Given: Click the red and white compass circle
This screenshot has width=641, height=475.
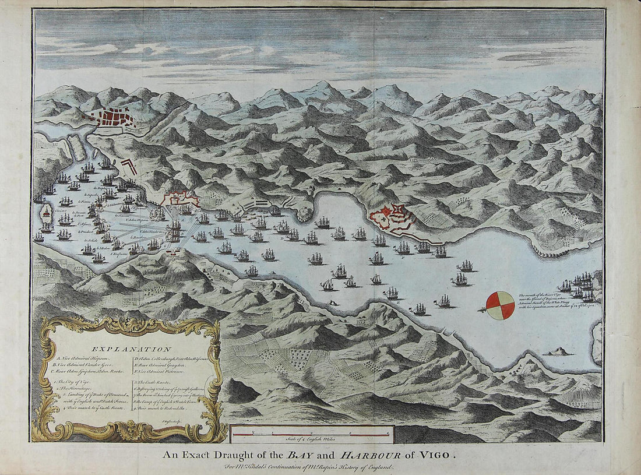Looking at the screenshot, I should (500, 305).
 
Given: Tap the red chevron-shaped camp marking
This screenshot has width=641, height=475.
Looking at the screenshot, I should (129, 167).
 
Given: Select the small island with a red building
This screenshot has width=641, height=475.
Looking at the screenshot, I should (47, 214).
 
